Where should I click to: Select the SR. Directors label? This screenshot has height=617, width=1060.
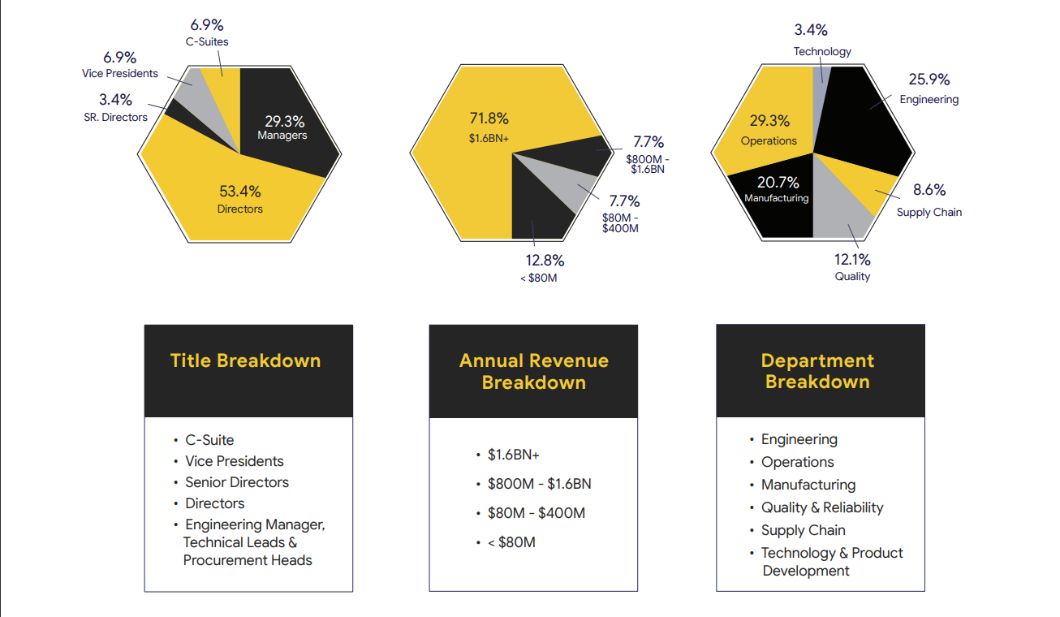point(115,117)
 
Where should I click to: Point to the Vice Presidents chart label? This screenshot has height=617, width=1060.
point(120,73)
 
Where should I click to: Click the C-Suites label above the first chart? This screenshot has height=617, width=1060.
point(207,41)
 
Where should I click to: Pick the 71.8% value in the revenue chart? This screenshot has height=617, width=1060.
point(489,118)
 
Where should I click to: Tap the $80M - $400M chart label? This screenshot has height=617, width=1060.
point(620,223)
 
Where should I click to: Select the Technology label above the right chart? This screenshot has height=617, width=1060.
point(822,51)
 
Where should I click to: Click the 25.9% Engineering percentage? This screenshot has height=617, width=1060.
point(929,80)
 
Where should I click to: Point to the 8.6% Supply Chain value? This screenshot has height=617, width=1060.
point(929,190)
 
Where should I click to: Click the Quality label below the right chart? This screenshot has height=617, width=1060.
point(852,276)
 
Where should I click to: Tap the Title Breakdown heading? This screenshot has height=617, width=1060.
point(246,360)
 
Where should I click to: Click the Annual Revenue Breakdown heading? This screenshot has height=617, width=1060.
point(533,371)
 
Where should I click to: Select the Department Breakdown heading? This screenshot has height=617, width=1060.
point(817,371)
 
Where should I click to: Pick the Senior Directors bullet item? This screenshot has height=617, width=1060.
point(237,482)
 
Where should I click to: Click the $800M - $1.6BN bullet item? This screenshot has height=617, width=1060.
point(539,484)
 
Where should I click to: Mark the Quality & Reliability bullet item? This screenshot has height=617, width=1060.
point(821,507)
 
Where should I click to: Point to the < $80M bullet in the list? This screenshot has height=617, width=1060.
point(511,542)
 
